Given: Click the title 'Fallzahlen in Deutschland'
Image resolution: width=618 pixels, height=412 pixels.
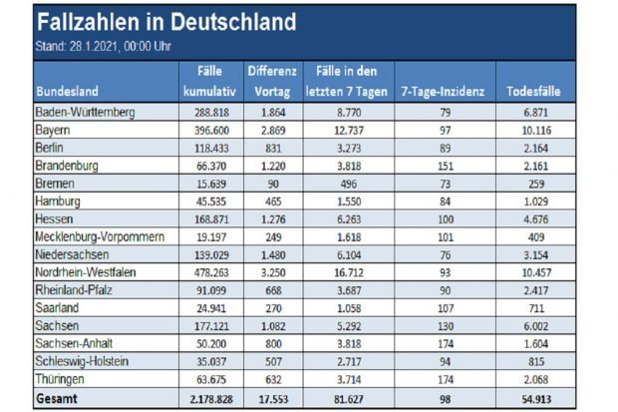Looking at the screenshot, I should (164, 22).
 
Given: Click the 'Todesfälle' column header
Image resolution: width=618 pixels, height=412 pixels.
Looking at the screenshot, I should (534, 91).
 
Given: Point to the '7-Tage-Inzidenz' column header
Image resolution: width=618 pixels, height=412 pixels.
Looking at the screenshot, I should (443, 91).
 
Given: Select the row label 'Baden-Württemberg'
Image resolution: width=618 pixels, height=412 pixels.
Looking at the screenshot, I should (85, 112).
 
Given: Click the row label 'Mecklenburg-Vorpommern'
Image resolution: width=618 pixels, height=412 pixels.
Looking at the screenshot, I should (97, 237).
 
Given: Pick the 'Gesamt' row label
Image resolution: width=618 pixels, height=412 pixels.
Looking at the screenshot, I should (59, 399).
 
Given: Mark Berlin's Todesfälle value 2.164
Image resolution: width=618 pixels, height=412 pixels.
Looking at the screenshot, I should (534, 148).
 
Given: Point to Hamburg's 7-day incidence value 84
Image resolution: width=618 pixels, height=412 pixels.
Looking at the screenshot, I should (443, 202).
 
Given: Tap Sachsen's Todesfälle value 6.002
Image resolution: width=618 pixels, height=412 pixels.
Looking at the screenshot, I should (534, 327).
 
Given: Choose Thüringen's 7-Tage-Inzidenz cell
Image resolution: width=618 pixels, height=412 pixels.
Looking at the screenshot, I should (443, 381).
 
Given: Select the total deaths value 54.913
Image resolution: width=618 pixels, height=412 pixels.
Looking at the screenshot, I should (534, 399).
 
